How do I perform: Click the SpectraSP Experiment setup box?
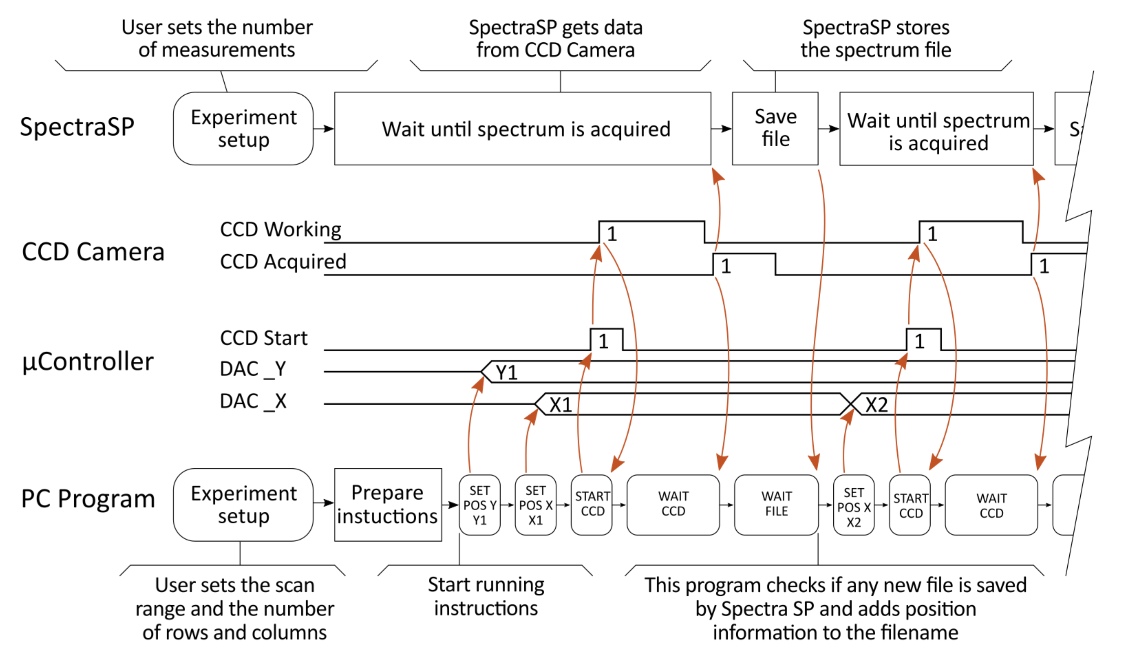[x=243, y=129]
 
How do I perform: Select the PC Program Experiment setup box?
[x=243, y=504]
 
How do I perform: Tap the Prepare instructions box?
[x=388, y=504]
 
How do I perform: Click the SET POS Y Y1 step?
[x=480, y=505]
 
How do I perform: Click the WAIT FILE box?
[x=776, y=504]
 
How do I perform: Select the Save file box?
[x=775, y=128]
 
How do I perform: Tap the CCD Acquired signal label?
[x=283, y=262]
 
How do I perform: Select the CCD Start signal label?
[x=264, y=338]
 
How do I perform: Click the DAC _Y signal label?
[x=253, y=369]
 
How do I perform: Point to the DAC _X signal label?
[x=253, y=401]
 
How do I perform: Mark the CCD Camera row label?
[x=93, y=252]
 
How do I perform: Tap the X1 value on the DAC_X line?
[x=560, y=405]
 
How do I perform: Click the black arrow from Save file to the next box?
[x=829, y=129]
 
